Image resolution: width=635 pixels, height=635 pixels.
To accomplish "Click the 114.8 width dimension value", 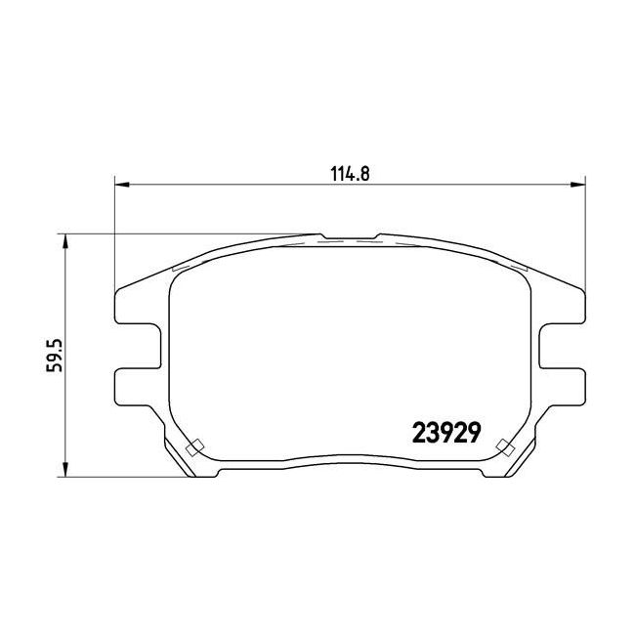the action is tap(350, 174).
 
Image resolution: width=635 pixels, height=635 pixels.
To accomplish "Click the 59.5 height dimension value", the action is tap(55, 356).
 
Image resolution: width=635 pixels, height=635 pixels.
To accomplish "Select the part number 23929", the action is tap(446, 432).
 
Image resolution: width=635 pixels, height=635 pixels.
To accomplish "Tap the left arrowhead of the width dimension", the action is tap(122, 185).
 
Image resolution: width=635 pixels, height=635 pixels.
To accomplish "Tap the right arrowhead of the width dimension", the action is tap(578, 185).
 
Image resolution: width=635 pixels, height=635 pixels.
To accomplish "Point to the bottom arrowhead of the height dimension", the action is tap(64, 470).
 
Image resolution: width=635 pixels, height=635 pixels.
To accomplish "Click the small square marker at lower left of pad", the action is tap(194, 447).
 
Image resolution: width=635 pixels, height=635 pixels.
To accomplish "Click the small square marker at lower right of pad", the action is tap(505, 447).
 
